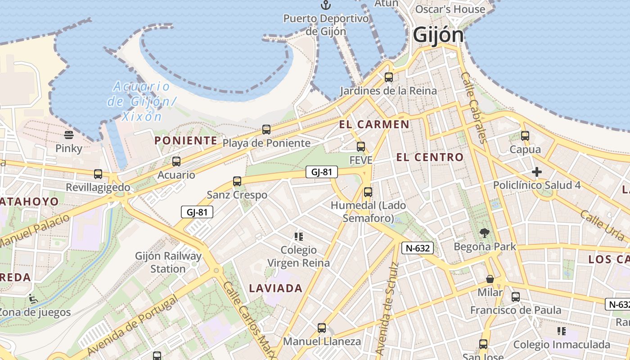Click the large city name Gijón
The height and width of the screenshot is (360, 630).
pyautogui.click(x=438, y=35)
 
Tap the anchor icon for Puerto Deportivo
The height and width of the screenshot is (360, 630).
pyautogui.click(x=325, y=5)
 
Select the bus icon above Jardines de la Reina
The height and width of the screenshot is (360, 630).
pyautogui.click(x=389, y=77)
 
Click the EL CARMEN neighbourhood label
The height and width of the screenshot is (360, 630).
pyautogui.click(x=374, y=125)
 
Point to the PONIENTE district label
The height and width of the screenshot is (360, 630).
pyautogui.click(x=186, y=140)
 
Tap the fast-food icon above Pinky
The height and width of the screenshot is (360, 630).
pyautogui.click(x=69, y=135)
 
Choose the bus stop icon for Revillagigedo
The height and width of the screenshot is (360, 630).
pyautogui.click(x=98, y=174)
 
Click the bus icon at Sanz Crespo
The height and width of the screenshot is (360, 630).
pyautogui.click(x=237, y=181)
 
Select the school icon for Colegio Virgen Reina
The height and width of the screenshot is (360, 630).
pyautogui.click(x=298, y=236)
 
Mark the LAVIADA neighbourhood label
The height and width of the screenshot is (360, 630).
pyautogui.click(x=275, y=288)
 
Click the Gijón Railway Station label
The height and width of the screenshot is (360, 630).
pyautogui.click(x=168, y=262)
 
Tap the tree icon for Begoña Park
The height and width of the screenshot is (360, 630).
pyautogui.click(x=484, y=233)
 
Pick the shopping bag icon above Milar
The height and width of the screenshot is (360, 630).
pyautogui.click(x=490, y=279)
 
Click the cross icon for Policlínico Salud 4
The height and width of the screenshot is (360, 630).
pyautogui.click(x=536, y=171)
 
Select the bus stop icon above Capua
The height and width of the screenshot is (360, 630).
pyautogui.click(x=525, y=135)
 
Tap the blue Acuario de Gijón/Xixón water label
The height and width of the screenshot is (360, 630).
pyautogui.click(x=141, y=101)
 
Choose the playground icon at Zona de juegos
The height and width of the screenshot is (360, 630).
pyautogui.click(x=33, y=298)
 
